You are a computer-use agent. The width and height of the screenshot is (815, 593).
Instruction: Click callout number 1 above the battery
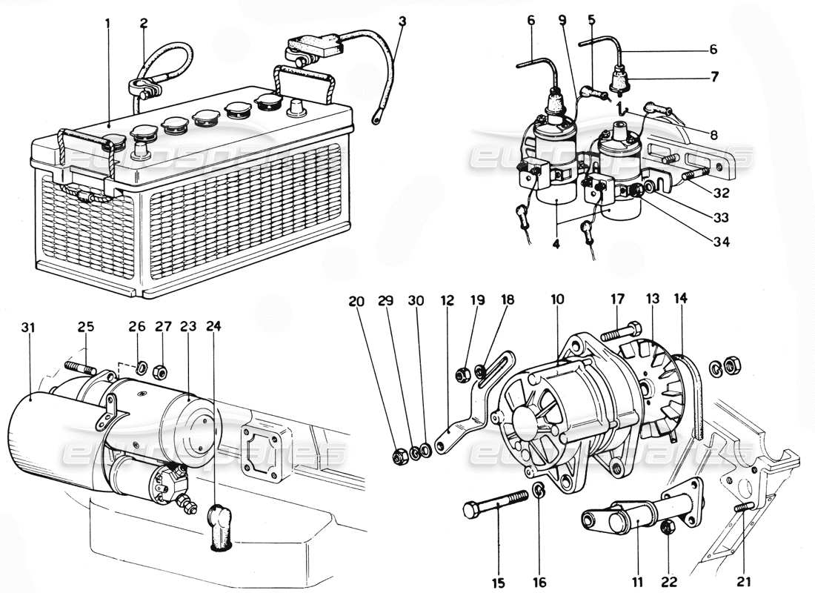[107, 23]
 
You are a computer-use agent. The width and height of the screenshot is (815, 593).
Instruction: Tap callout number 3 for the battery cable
[402, 21]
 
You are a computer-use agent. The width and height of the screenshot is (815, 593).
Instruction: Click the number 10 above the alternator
[557, 299]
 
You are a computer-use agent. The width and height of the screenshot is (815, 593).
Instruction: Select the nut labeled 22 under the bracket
[665, 526]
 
